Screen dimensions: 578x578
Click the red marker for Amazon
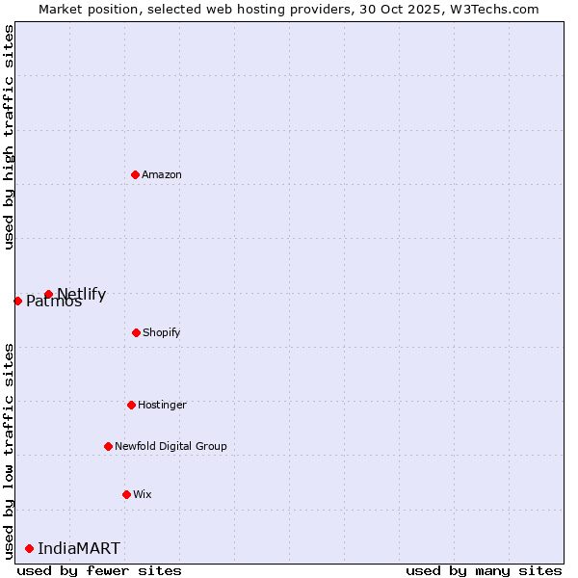click(135, 174)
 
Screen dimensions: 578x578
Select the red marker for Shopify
click(136, 332)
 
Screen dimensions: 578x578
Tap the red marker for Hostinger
click(131, 405)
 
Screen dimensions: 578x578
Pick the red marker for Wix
click(126, 494)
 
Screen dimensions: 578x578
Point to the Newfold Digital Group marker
click(108, 446)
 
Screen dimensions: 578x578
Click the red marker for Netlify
click(48, 294)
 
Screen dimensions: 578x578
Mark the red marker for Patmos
click(17, 301)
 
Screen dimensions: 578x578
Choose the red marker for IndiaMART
click(29, 548)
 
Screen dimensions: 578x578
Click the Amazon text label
click(162, 174)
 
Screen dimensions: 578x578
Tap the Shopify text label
click(161, 332)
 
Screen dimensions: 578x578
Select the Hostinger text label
click(162, 405)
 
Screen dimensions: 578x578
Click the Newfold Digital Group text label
click(171, 446)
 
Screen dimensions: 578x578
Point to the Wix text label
click(143, 494)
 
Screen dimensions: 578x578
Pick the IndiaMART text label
click(79, 548)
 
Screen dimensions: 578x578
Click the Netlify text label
click(82, 294)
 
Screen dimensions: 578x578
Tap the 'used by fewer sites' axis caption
click(99, 570)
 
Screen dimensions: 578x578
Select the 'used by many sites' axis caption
click(484, 570)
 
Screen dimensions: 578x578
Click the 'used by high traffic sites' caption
click(9, 136)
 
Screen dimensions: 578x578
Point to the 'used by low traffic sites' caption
click(9, 450)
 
